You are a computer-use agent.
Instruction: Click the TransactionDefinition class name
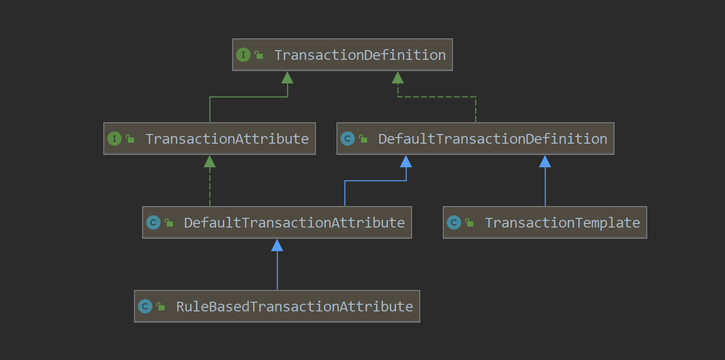pyautogui.click(x=360, y=55)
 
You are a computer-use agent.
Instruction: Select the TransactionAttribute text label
pyautogui.click(x=227, y=139)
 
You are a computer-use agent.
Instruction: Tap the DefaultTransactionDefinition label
pyautogui.click(x=492, y=139)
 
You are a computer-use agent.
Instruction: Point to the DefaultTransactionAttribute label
pyautogui.click(x=294, y=223)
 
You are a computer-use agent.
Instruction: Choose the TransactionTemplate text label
pyautogui.click(x=562, y=223)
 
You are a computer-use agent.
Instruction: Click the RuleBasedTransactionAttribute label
pyautogui.click(x=294, y=307)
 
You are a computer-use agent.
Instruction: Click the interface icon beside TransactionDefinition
pyautogui.click(x=243, y=55)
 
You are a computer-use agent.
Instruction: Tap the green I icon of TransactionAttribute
pyautogui.click(x=115, y=139)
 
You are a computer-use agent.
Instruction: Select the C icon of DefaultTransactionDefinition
pyautogui.click(x=348, y=139)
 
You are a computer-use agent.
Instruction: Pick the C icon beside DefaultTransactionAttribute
pyautogui.click(x=153, y=222)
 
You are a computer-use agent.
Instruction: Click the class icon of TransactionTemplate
pyautogui.click(x=454, y=222)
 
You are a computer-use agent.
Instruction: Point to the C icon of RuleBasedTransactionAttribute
pyautogui.click(x=145, y=306)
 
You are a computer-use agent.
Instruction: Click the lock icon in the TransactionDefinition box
pyautogui.click(x=259, y=55)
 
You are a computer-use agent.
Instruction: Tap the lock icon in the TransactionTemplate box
pyautogui.click(x=469, y=222)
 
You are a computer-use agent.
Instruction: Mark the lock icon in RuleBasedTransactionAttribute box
pyautogui.click(x=161, y=306)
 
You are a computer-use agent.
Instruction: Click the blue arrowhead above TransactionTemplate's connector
pyautogui.click(x=545, y=162)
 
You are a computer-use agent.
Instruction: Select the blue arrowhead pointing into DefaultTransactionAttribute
pyautogui.click(x=277, y=245)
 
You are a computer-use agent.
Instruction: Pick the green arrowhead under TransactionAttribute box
pyautogui.click(x=210, y=162)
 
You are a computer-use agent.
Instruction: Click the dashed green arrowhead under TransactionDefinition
pyautogui.click(x=398, y=78)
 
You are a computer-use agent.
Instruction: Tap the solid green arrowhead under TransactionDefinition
pyautogui.click(x=287, y=78)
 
